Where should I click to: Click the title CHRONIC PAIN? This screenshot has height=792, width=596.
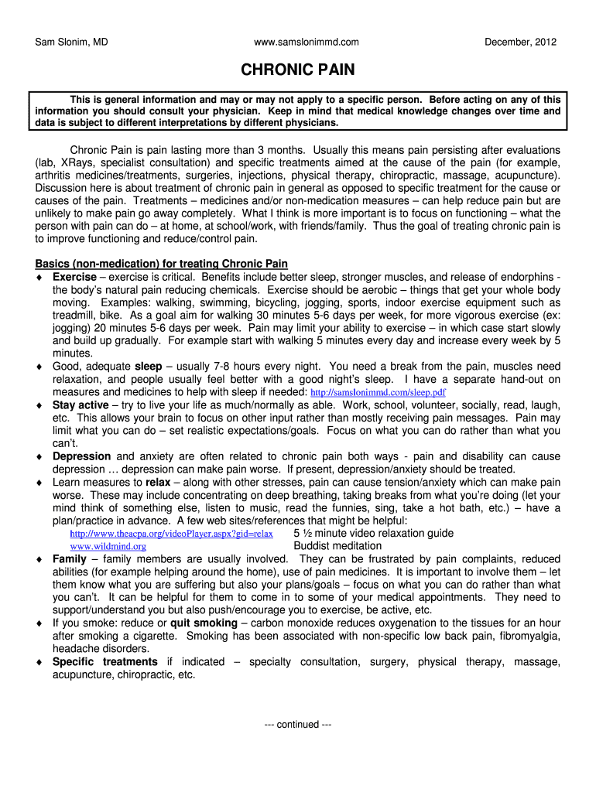click(298, 70)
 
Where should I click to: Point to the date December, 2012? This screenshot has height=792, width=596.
click(520, 42)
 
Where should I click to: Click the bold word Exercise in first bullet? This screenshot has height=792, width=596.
click(74, 277)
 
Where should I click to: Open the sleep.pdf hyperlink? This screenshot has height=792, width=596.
click(378, 392)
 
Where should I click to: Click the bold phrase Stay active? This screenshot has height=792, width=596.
click(80, 405)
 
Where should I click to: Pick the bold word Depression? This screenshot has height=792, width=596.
click(81, 456)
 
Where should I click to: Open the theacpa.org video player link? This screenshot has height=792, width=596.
click(171, 534)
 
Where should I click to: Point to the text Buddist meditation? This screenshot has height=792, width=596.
click(337, 546)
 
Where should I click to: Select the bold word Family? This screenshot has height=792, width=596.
click(70, 559)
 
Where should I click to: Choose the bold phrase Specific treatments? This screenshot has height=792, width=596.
click(104, 662)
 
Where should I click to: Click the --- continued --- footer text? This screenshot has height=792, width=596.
click(298, 725)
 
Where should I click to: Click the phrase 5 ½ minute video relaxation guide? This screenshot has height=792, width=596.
click(374, 534)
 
